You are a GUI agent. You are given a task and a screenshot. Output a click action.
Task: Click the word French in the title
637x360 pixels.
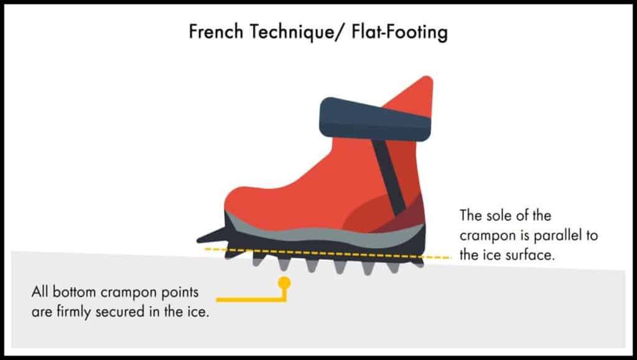coord(216,32)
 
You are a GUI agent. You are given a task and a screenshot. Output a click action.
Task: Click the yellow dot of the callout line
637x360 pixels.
coord(284,282)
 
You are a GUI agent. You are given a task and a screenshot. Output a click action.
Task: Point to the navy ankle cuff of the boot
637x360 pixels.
coord(374,119)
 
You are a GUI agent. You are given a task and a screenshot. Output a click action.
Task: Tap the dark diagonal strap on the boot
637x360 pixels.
coord(389,177)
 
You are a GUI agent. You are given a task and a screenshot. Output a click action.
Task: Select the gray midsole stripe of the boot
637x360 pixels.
coord(325,235)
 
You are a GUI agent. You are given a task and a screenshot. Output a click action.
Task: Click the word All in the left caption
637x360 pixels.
coord(40,292)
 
